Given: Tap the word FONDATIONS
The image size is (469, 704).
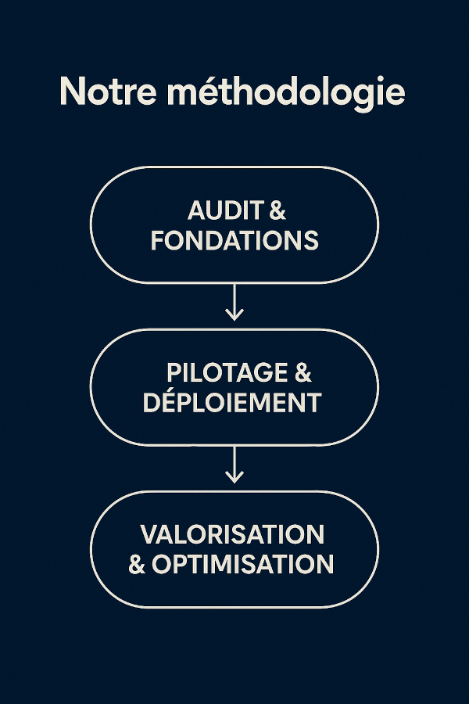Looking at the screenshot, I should [234, 240].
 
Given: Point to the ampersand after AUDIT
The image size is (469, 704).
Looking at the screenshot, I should [277, 210].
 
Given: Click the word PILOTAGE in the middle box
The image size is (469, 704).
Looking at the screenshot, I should [216, 373].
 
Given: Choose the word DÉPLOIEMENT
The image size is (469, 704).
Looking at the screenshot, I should [232, 402].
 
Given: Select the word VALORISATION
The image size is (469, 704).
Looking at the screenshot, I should [232, 534].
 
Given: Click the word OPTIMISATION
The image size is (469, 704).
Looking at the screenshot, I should [243, 564].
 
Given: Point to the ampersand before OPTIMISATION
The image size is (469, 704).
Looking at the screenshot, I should [137, 564].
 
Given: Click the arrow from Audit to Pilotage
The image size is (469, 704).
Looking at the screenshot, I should [234, 302].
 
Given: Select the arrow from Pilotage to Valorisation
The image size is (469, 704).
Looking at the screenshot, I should [234, 465].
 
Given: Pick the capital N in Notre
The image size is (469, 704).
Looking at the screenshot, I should [72, 92].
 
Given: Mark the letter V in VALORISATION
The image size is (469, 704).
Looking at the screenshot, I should [149, 534].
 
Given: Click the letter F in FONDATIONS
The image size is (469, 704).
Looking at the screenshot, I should [157, 240].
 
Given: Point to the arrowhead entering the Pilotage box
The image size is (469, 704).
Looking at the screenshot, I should [234, 314].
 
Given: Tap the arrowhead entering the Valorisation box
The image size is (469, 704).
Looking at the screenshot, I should [234, 477].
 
